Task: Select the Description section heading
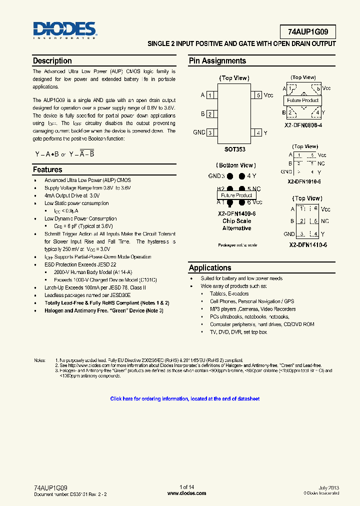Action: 52,61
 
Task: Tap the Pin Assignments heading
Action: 217,61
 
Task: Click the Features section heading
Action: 47,170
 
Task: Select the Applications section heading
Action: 210,268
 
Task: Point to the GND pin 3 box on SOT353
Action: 210,132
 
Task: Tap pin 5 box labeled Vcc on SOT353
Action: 257,95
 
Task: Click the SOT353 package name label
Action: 234,149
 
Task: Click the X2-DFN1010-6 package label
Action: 304,181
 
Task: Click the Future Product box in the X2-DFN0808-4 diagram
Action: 303,100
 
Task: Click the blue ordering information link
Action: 184,399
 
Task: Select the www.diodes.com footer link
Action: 186,493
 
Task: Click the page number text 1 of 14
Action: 186,487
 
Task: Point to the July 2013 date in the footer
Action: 328,487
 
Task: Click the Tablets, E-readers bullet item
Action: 229,294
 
